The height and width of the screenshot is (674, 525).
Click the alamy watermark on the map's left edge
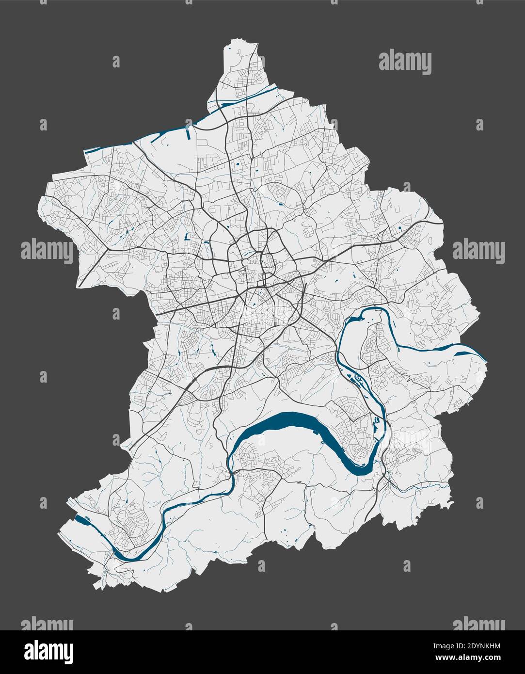(47, 251)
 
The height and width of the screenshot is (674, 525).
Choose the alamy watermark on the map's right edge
(478, 251)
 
